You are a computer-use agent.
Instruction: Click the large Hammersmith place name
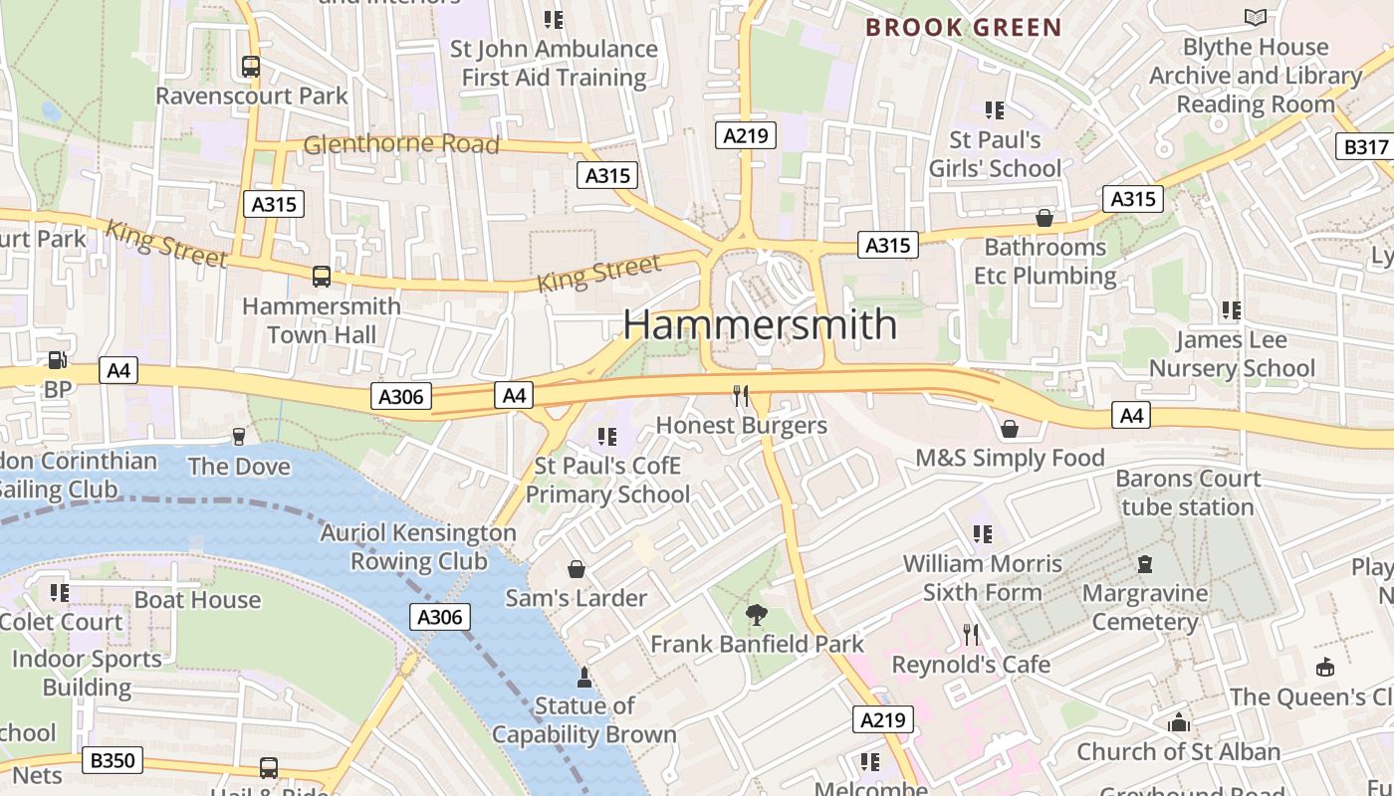pos(760,324)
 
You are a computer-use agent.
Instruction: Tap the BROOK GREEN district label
pos(963,27)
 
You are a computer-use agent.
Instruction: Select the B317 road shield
pos(1363,146)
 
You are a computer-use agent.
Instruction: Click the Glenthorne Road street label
pos(400,144)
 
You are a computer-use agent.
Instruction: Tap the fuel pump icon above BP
pos(58,360)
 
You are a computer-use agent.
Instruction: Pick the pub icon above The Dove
pos(238,436)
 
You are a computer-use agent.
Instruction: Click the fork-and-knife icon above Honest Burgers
pos(740,396)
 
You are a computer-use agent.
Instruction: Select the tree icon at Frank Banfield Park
pos(757,615)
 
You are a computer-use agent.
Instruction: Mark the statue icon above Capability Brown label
pos(584,678)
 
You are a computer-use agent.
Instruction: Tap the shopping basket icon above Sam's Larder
pos(576,569)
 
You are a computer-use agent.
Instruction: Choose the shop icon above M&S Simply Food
pos(1010,429)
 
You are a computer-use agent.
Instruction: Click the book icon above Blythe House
pos(1256,17)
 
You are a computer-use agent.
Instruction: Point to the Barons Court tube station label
pos(1187,493)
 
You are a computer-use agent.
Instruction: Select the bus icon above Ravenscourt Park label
pos(251,67)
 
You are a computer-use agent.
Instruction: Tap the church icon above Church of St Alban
pos(1179,722)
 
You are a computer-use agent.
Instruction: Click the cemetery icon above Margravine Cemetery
pos(1145,564)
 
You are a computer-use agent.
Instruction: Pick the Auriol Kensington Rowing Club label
pos(418,546)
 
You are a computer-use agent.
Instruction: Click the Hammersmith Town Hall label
pos(321,319)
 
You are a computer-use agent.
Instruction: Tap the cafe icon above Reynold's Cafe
pos(971,635)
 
